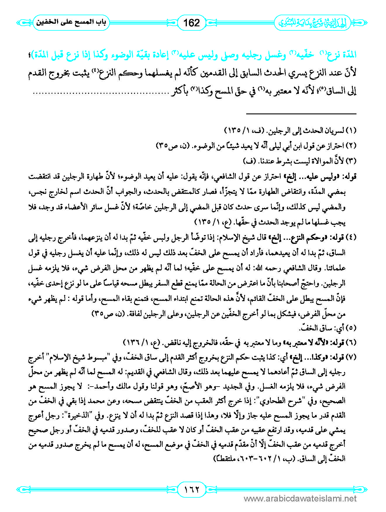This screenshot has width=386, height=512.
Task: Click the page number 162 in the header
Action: (192, 23)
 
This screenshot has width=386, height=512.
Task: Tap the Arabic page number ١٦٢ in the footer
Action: (192, 489)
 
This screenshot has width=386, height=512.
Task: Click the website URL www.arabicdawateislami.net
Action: (300, 498)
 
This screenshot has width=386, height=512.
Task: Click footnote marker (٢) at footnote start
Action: (351, 145)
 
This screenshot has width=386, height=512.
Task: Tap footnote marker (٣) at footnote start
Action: (351, 161)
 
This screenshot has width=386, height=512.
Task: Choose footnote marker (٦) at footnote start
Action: (351, 342)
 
